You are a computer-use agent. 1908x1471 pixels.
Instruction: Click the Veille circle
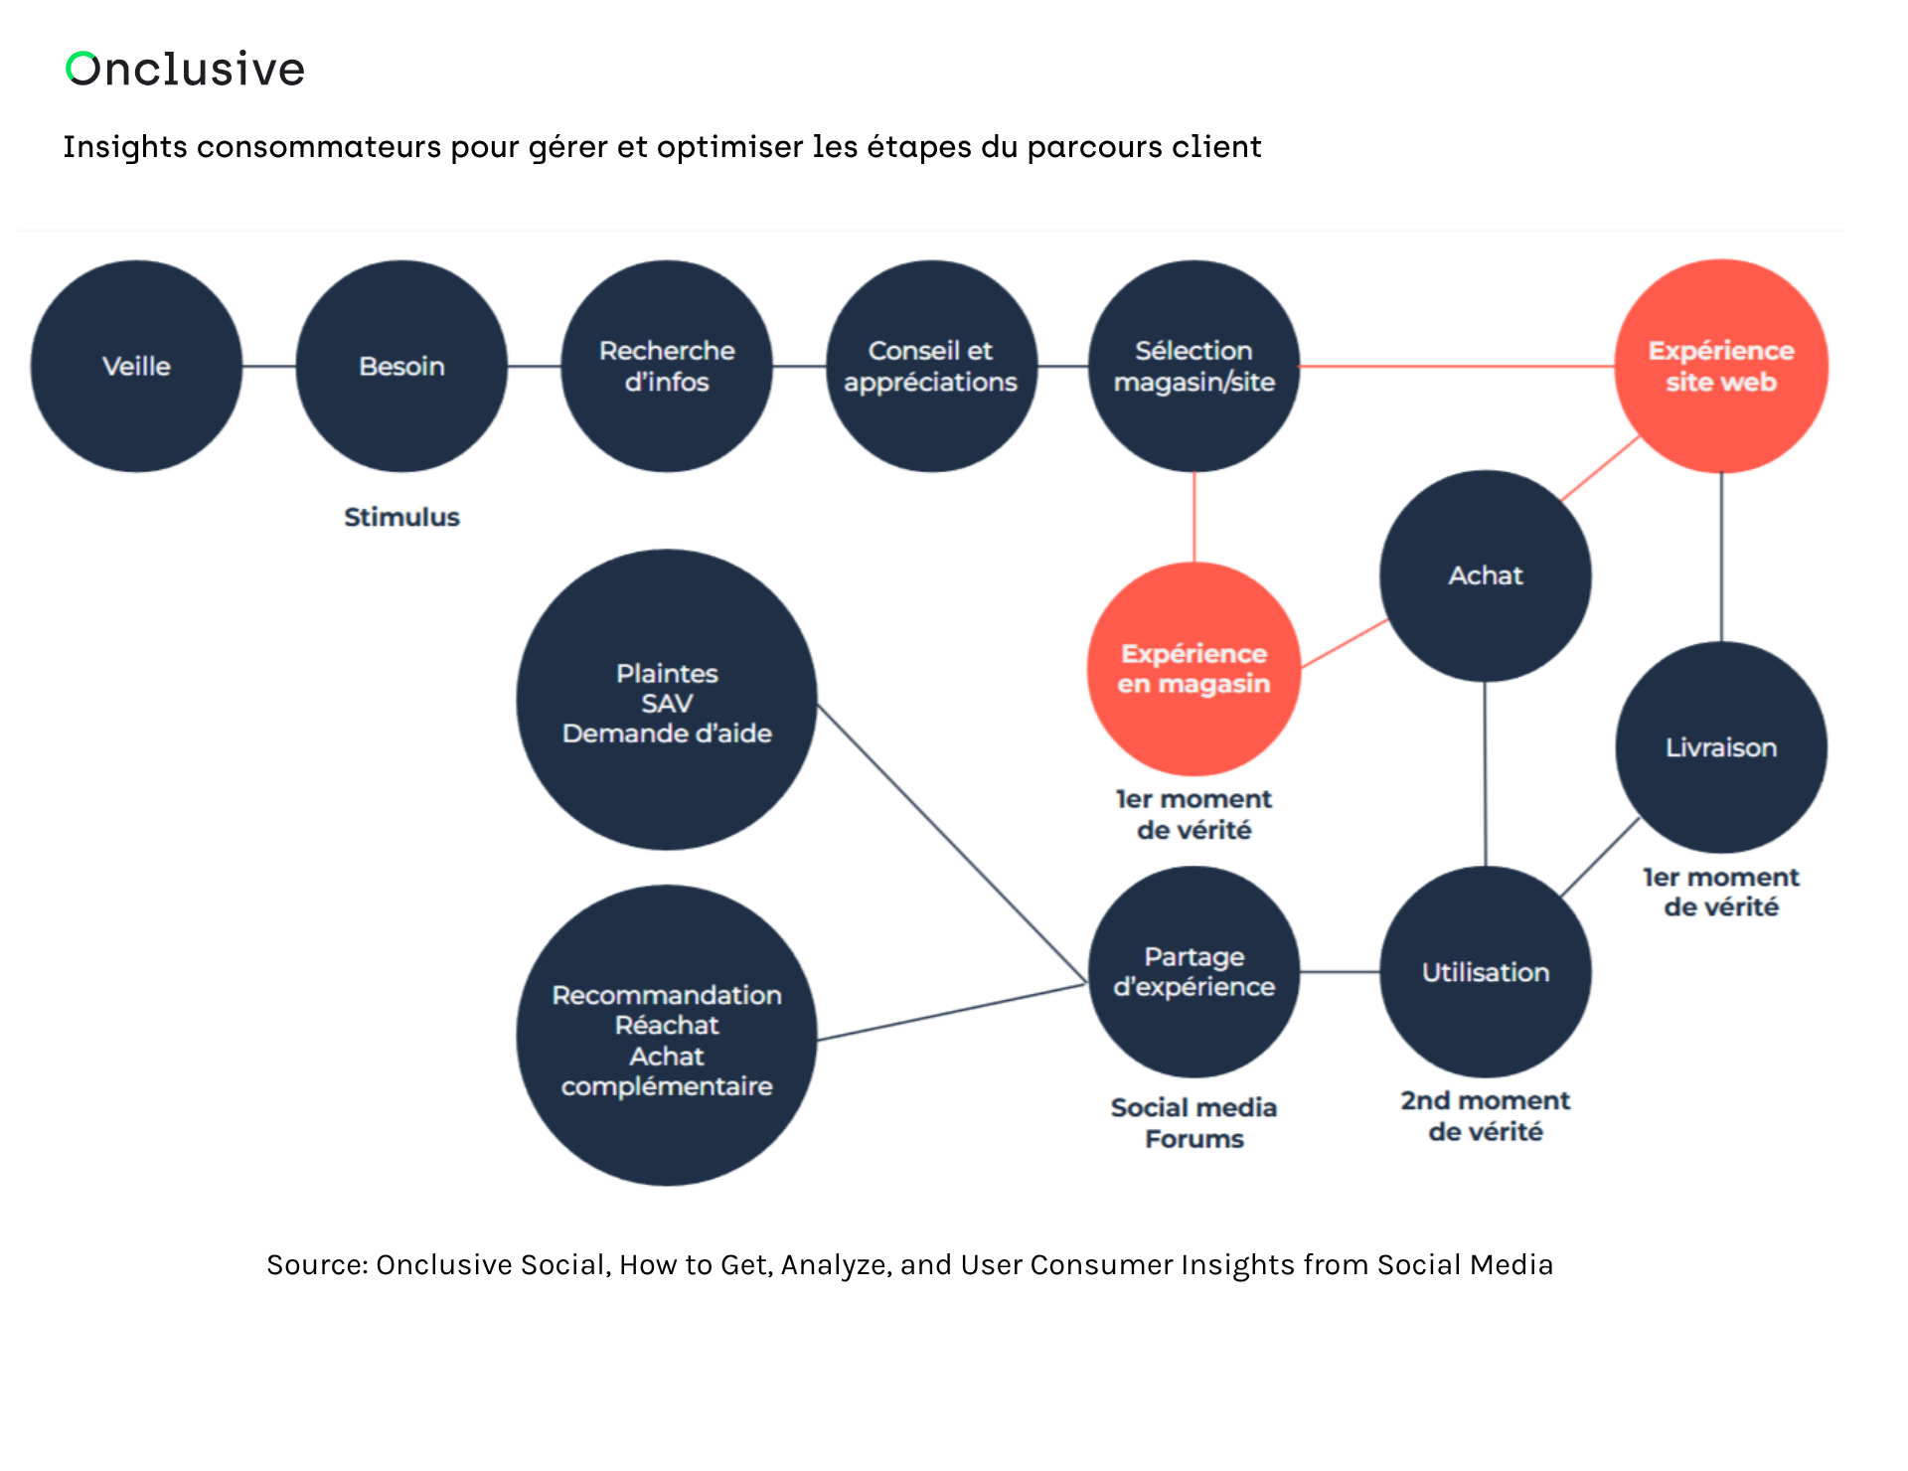click(136, 366)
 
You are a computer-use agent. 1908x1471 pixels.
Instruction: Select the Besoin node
click(401, 366)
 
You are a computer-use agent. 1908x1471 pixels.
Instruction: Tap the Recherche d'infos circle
click(667, 366)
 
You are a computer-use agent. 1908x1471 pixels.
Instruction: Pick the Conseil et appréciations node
click(931, 366)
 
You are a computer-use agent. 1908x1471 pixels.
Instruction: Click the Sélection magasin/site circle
click(1194, 366)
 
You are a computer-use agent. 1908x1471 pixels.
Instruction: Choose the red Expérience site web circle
click(1721, 366)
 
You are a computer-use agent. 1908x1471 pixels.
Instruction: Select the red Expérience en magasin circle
click(1194, 669)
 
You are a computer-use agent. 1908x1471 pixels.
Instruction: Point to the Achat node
click(1486, 575)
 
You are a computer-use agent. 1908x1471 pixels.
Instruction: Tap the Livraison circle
click(1721, 747)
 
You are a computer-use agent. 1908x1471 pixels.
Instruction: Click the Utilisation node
click(1486, 972)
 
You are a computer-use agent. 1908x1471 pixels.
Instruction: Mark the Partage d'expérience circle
click(1194, 972)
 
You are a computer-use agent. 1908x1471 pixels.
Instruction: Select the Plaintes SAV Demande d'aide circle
click(667, 701)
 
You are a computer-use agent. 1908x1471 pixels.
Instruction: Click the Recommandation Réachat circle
click(667, 1036)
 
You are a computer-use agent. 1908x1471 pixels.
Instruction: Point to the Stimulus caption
click(401, 517)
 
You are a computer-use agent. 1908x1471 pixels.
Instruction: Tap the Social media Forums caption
click(1194, 1123)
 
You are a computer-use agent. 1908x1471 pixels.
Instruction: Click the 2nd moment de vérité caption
click(1486, 1116)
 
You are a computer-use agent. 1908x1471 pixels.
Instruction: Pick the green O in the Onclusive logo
click(82, 69)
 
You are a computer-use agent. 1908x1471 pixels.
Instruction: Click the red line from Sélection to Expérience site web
click(1456, 367)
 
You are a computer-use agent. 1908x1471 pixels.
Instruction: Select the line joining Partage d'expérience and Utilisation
click(1340, 972)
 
